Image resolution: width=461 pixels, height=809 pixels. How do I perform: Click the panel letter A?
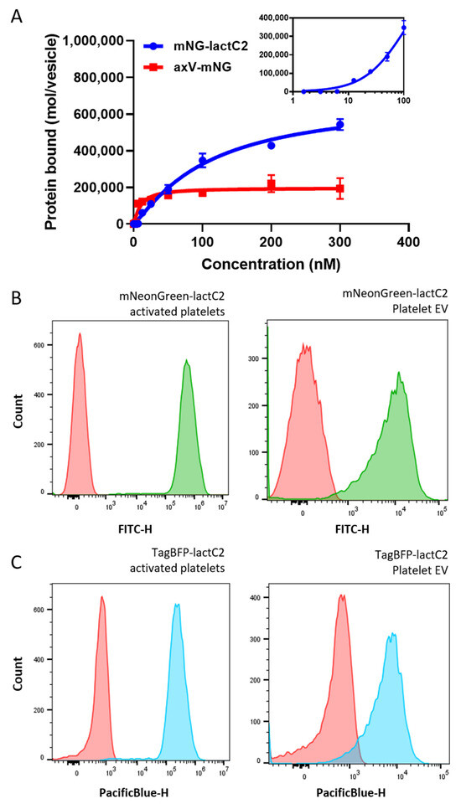click(16, 16)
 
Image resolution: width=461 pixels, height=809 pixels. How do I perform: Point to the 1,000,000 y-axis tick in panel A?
click(92, 41)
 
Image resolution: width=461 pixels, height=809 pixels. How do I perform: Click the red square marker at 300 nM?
click(339, 188)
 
